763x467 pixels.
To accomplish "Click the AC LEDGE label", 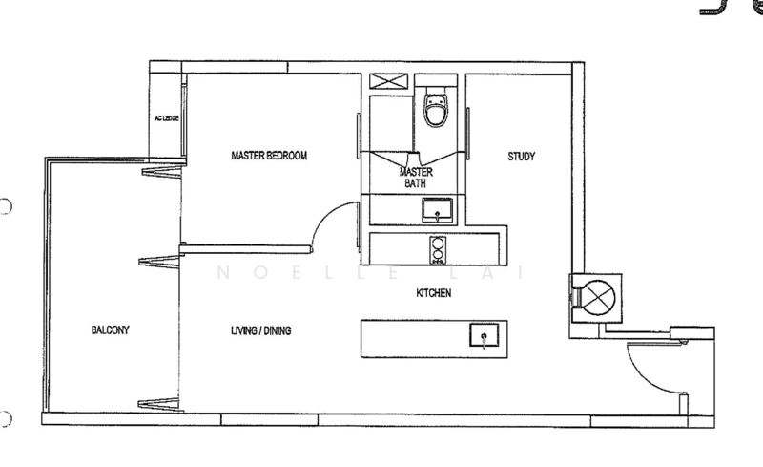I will point(167,118).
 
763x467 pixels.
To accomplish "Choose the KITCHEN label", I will point(432,293).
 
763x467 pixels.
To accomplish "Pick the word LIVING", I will point(245,332).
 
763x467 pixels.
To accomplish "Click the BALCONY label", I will point(110,330).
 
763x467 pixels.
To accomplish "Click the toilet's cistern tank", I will point(435,96).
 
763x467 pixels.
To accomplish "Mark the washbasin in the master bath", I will point(439,208).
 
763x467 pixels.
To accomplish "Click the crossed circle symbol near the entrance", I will point(598,296).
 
